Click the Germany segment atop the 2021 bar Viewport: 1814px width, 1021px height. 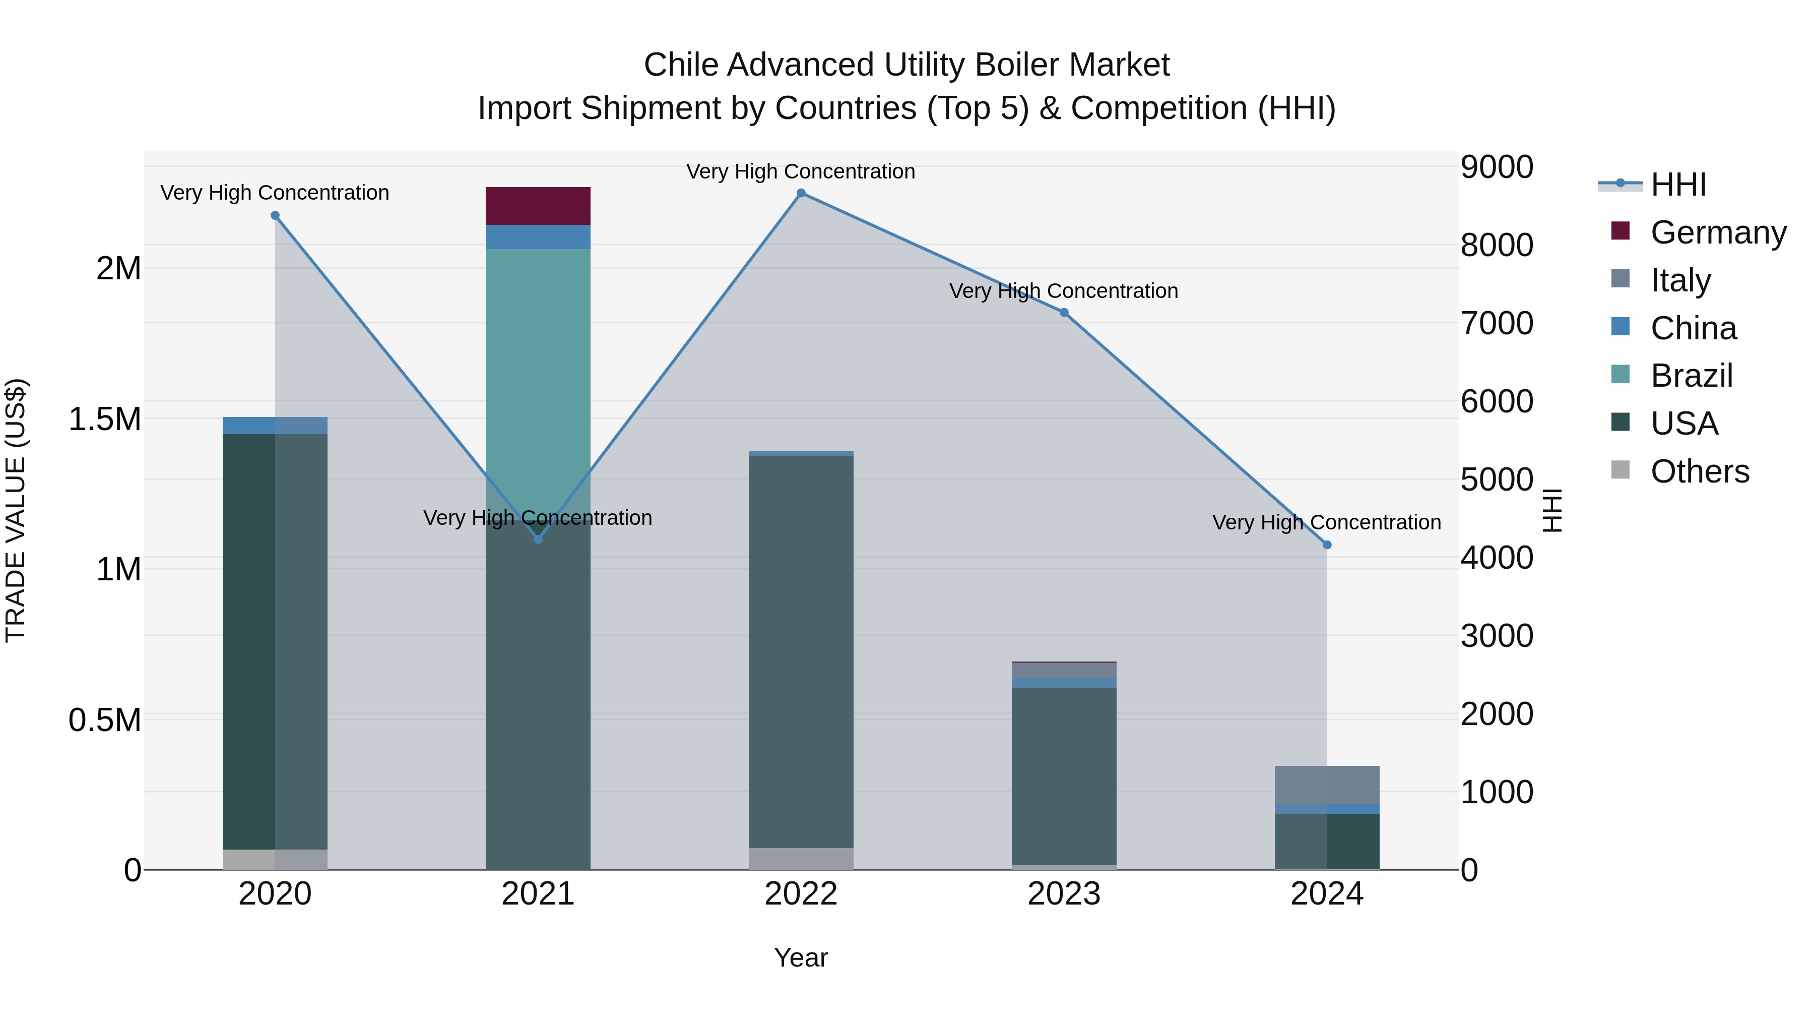click(538, 206)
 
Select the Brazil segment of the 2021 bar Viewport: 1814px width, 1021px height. click(538, 367)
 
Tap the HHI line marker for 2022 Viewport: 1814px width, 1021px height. click(801, 193)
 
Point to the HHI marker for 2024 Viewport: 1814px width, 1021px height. click(1327, 545)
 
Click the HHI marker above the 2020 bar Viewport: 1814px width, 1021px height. click(275, 216)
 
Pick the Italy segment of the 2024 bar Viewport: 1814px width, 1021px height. click(1327, 784)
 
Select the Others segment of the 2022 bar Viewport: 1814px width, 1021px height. click(801, 858)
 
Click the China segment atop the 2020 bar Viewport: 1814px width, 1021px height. click(275, 426)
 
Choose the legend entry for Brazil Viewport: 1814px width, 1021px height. click(1690, 376)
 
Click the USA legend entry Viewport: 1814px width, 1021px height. click(1683, 424)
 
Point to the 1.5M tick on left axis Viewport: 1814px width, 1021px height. click(104, 419)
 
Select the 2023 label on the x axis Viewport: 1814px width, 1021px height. click(1063, 894)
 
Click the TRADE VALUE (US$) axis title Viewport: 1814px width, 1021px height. click(16, 510)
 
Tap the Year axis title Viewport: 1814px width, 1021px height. click(801, 957)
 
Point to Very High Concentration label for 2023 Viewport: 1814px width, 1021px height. click(1063, 291)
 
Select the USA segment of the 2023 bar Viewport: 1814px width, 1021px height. click(1063, 775)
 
